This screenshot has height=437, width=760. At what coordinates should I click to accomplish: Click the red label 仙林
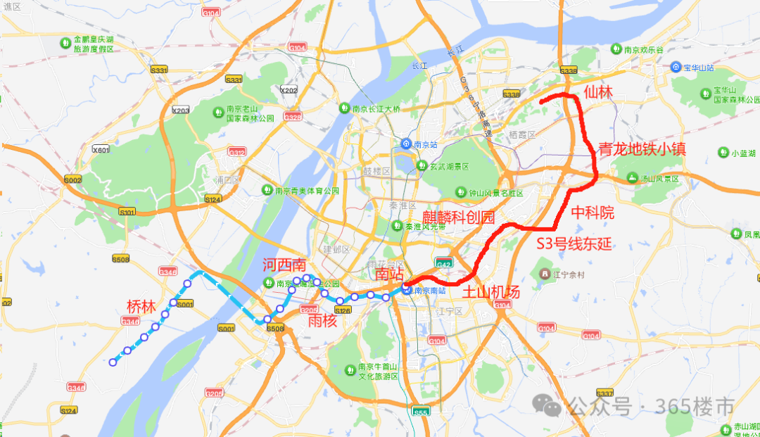[599, 92]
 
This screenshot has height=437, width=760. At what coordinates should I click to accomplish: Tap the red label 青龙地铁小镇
[641, 149]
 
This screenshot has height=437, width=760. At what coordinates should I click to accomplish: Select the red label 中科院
[593, 213]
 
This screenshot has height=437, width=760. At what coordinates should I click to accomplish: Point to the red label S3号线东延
[574, 244]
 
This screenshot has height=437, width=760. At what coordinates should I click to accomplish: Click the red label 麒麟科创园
[458, 217]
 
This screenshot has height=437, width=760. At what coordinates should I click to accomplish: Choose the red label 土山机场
[490, 292]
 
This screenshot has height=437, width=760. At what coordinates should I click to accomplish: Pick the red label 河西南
[284, 265]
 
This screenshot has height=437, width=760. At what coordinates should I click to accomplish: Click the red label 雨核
[322, 321]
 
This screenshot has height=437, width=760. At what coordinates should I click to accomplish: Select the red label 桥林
[141, 307]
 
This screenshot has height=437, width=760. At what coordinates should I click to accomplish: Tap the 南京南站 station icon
[407, 290]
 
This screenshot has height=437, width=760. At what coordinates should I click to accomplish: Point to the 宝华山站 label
[699, 68]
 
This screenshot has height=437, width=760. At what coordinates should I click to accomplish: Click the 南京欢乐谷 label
[643, 49]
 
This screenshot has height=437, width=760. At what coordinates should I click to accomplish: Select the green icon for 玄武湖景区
[422, 166]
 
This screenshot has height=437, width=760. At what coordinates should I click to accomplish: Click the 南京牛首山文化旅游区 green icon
[350, 370]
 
